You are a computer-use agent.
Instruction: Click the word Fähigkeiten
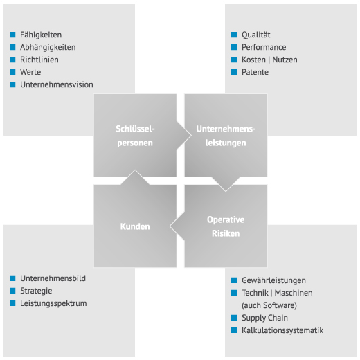(x=41, y=35)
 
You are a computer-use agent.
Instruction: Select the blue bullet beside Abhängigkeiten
(x=12, y=47)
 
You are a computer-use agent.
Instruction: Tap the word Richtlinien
(x=39, y=60)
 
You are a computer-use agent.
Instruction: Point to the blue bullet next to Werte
(x=12, y=72)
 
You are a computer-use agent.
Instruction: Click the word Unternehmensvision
(x=57, y=84)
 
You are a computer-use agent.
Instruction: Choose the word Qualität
(x=256, y=35)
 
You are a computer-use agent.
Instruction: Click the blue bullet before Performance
(x=234, y=47)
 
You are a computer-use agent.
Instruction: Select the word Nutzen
(x=285, y=60)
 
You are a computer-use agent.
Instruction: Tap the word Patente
(x=255, y=72)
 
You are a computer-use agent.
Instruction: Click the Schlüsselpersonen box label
(x=135, y=136)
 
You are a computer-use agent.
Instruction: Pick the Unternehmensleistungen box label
(x=226, y=136)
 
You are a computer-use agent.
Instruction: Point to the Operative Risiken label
(x=226, y=226)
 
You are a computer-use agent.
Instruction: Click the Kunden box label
(x=135, y=226)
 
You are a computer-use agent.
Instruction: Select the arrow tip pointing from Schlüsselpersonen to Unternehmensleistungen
(x=191, y=136)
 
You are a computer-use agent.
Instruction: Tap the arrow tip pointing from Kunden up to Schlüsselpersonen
(x=135, y=170)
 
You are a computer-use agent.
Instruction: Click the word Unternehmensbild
(x=53, y=278)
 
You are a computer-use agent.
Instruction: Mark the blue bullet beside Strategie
(x=12, y=291)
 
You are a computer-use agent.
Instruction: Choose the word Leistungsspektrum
(x=53, y=303)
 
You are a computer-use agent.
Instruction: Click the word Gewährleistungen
(x=273, y=280)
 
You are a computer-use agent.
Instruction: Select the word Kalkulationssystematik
(x=282, y=330)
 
